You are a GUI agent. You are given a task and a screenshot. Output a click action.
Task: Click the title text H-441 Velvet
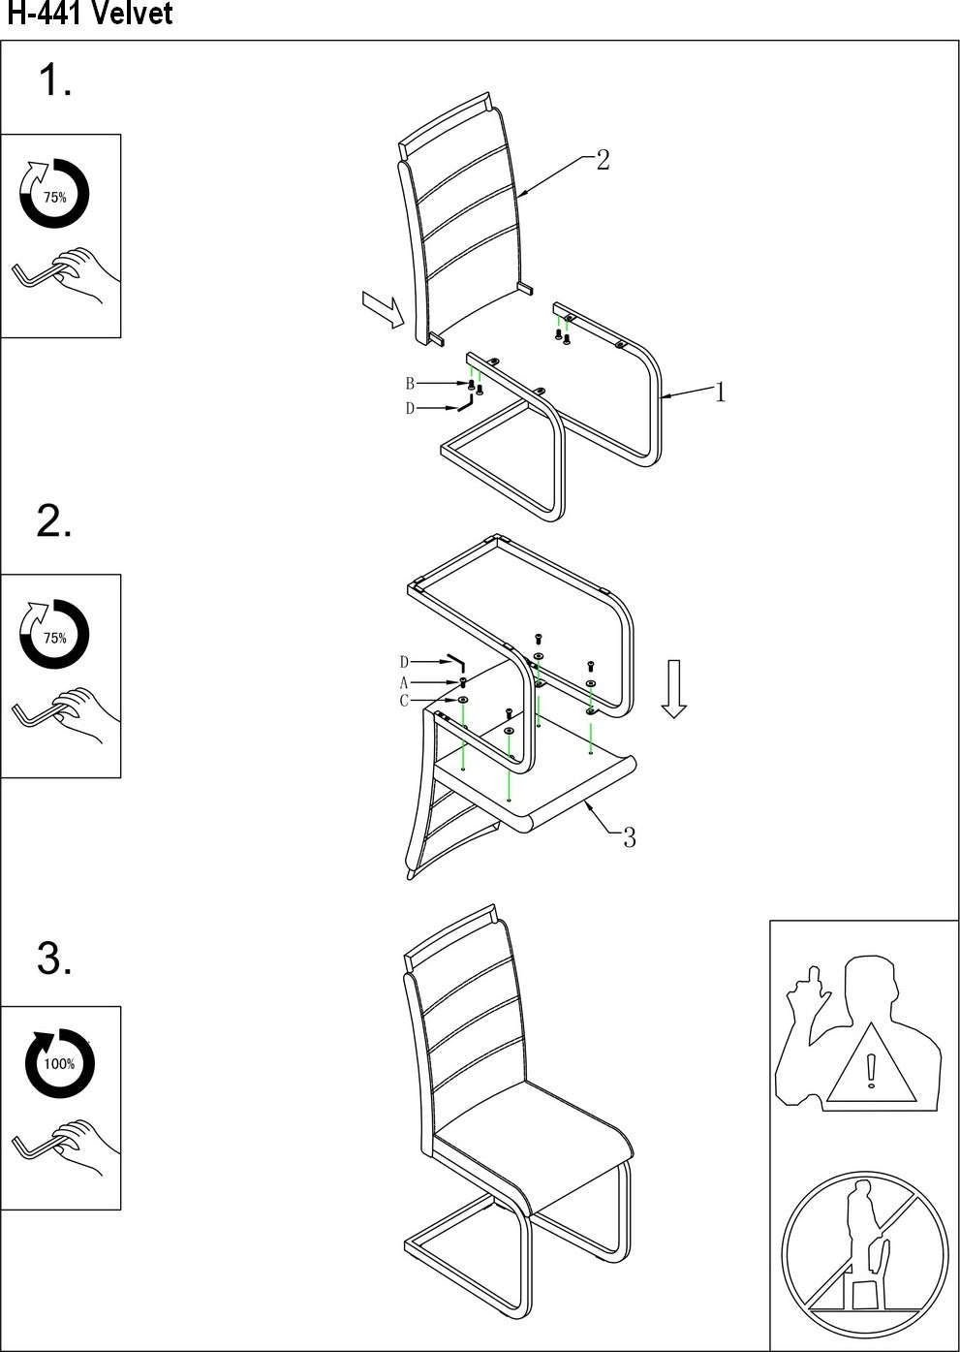pyautogui.click(x=89, y=15)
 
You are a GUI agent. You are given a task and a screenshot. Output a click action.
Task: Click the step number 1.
pyautogui.click(x=54, y=80)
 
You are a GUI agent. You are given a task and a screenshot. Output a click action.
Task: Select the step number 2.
pyautogui.click(x=54, y=522)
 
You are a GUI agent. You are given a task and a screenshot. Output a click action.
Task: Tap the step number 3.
pyautogui.click(x=54, y=959)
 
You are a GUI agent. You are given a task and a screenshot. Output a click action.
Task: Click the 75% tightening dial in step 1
pyautogui.click(x=54, y=195)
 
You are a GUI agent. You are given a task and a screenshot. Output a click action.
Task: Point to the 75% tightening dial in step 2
pyautogui.click(x=54, y=636)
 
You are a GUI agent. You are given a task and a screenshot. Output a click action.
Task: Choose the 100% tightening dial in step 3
pyautogui.click(x=58, y=1063)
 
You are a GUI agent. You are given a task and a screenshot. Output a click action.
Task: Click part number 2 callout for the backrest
pyautogui.click(x=603, y=161)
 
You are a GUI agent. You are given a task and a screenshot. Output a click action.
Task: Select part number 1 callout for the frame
pyautogui.click(x=720, y=393)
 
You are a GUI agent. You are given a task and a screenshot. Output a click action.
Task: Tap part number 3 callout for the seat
pyautogui.click(x=629, y=838)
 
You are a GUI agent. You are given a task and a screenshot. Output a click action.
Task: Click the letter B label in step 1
pyautogui.click(x=410, y=384)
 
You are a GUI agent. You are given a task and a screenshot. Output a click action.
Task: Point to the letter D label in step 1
pyautogui.click(x=410, y=409)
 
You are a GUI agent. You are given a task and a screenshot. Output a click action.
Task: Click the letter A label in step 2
pyautogui.click(x=404, y=683)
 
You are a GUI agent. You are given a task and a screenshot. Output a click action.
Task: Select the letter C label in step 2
pyautogui.click(x=404, y=701)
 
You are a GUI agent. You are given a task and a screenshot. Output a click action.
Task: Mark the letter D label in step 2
pyautogui.click(x=404, y=663)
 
